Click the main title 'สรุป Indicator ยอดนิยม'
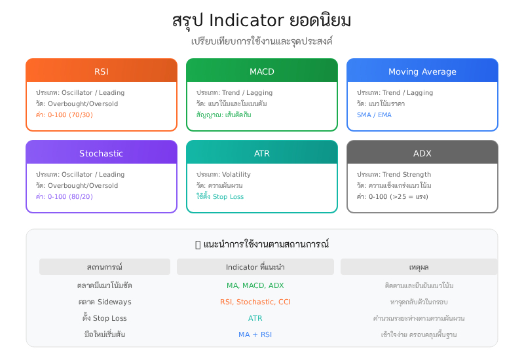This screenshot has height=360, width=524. tap(262, 20)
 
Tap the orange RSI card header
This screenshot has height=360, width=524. tap(102, 71)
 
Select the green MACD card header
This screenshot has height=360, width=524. tap(262, 71)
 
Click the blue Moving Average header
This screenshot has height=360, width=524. tap(422, 71)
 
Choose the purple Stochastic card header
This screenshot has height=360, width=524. tap(102, 153)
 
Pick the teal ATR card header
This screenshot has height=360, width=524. tap(262, 153)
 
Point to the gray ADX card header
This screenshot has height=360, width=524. tap(422, 153)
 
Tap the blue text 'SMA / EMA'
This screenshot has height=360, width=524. tap(374, 115)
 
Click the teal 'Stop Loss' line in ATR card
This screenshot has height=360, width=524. tap(220, 196)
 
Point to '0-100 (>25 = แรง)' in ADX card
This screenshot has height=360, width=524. tap(392, 196)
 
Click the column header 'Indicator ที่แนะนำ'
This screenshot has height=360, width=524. tap(255, 267)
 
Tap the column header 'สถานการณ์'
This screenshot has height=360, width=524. tap(105, 267)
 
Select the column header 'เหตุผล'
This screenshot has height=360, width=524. tap(419, 267)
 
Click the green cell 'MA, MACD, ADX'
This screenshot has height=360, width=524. tap(255, 285)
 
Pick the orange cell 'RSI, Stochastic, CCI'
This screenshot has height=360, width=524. tap(255, 302)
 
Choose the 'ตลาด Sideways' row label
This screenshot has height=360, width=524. tap(105, 302)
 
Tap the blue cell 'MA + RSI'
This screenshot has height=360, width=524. tap(255, 334)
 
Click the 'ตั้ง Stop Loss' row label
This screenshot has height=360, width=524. tap(105, 318)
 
